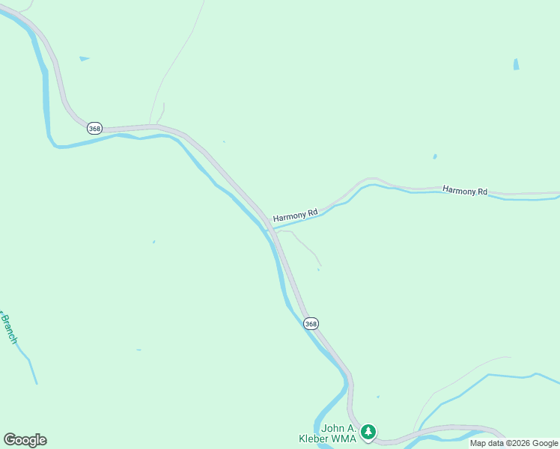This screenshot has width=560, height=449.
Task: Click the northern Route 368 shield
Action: (x=94, y=129)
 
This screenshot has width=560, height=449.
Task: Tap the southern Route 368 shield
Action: (x=311, y=323)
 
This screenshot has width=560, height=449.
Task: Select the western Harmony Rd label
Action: (x=295, y=214)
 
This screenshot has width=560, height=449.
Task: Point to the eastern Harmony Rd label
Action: (x=465, y=191)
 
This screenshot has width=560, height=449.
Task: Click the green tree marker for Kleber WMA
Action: (x=368, y=432)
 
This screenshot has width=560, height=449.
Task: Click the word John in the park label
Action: (x=333, y=429)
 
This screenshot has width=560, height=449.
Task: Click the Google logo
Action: (x=25, y=440)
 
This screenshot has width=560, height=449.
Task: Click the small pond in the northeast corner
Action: (x=516, y=64)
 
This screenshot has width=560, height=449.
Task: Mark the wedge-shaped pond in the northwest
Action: (x=84, y=58)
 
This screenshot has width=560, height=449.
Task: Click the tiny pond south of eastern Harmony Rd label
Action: (x=434, y=157)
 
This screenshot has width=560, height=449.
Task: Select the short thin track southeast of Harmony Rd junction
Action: (x=306, y=246)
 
